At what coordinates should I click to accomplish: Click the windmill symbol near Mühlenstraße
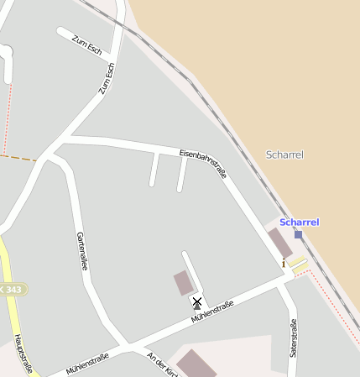click(197, 303)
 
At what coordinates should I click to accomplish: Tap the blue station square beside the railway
click(298, 235)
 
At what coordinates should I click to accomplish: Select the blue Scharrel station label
click(299, 223)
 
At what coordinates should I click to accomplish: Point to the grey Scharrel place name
click(284, 154)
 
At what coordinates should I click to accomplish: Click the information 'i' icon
click(284, 264)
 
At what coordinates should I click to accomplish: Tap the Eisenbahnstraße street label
click(203, 163)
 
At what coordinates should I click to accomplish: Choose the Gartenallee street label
click(82, 251)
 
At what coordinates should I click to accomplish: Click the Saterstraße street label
click(293, 338)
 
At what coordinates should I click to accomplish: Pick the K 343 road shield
click(12, 290)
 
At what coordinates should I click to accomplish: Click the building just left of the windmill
click(183, 283)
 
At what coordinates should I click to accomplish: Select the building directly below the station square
click(280, 243)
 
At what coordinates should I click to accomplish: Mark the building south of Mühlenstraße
click(196, 364)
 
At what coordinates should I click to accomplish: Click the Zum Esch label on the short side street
click(86, 45)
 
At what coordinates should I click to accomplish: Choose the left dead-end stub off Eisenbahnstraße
click(154, 170)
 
